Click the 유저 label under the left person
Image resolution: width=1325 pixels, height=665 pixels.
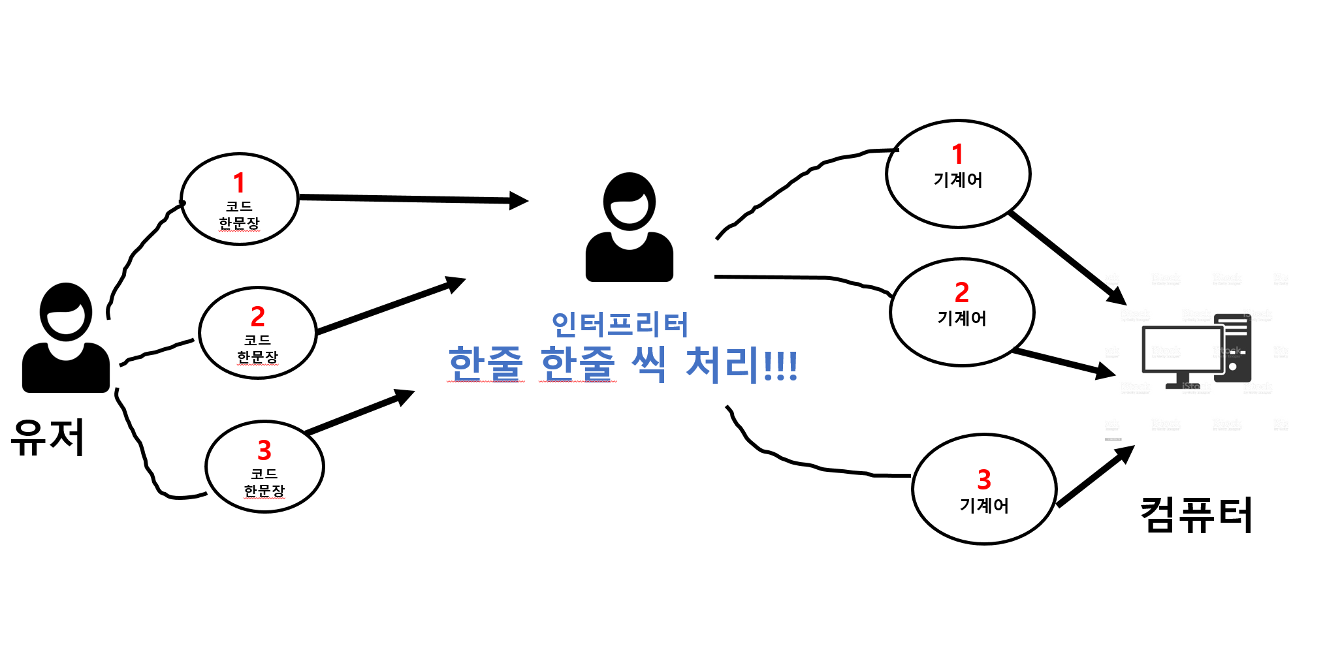48,437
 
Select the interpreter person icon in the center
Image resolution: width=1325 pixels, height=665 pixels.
629,228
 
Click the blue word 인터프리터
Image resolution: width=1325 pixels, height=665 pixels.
620,324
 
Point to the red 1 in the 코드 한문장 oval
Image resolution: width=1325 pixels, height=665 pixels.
239,183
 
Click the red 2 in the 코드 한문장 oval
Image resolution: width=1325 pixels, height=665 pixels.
257,317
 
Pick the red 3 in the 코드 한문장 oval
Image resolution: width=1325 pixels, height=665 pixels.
264,450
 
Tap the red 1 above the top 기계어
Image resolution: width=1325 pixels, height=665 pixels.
957,155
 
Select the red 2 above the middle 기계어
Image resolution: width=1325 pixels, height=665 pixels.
961,292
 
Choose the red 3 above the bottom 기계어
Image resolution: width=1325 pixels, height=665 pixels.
983,480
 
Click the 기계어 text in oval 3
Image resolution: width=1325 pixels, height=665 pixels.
983,506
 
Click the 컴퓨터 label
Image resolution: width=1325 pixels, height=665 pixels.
1196,515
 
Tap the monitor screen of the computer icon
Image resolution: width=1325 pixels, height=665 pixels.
1181,348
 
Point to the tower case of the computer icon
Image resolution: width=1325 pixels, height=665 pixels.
1233,348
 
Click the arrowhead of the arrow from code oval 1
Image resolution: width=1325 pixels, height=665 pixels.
519,200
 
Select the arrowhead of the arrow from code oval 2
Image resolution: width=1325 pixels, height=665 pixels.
456,283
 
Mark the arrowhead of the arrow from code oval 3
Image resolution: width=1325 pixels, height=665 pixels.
405,395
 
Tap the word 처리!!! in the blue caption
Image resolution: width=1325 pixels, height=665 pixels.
741,363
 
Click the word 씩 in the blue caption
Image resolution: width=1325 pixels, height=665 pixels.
649,363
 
